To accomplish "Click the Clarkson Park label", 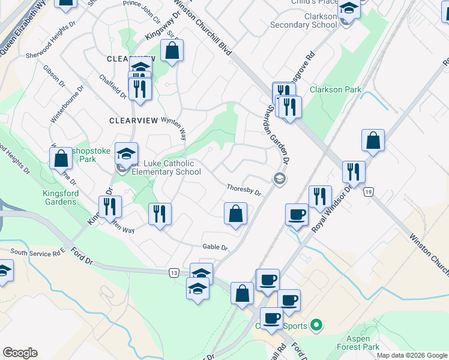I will click(336, 89).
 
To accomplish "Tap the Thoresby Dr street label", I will click(244, 188).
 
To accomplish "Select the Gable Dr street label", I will click(215, 247).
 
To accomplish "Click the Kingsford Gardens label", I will click(59, 197).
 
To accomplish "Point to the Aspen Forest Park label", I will click(363, 343).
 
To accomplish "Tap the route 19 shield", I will click(368, 191).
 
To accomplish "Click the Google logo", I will click(20, 352).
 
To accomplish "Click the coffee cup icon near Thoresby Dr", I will click(298, 215).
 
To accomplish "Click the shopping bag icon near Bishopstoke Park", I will click(61, 159).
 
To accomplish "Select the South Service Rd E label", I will click(37, 253).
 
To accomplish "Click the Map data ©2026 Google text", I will click(411, 355).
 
